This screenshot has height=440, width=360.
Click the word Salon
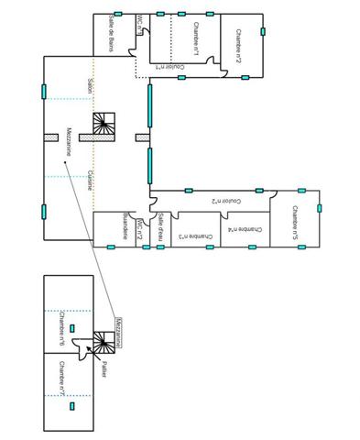[89, 84]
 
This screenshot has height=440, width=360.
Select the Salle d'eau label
[159, 226]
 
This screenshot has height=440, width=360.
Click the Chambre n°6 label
[61, 330]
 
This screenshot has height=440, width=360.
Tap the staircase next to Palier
[97, 344]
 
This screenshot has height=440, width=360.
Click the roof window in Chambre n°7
[71, 404]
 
